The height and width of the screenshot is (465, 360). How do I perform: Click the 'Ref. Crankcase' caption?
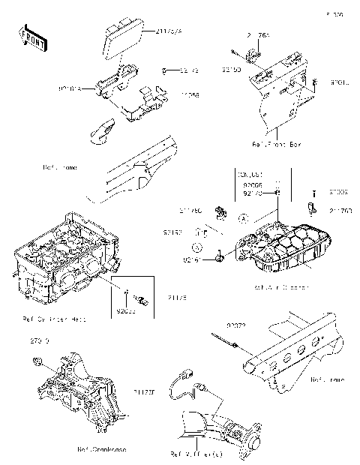(x=101, y=449)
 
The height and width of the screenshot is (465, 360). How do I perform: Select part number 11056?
(x=189, y=95)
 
